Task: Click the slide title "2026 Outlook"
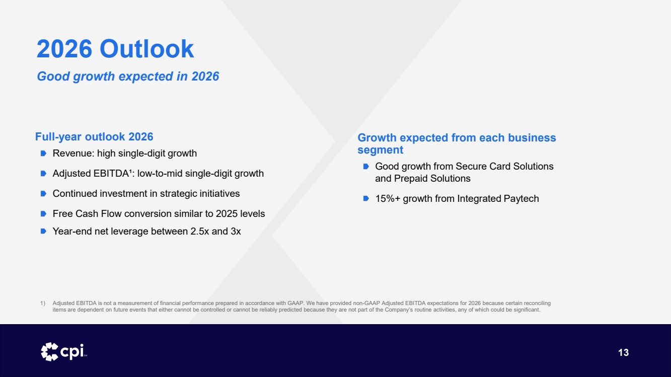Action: point(115,48)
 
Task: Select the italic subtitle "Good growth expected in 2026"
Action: point(128,77)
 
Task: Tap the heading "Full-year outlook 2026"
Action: point(94,136)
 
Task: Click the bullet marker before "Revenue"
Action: point(43,154)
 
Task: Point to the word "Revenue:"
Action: point(73,154)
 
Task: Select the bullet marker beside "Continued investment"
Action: point(43,194)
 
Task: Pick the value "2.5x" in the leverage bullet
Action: point(199,231)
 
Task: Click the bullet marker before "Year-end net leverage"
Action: point(43,231)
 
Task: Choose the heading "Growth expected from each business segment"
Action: point(457,144)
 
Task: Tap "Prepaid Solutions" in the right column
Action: point(432,179)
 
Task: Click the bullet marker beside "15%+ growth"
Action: point(366,198)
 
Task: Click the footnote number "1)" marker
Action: point(43,303)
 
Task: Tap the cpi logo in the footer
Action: point(64,352)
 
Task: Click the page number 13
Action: point(623,352)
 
